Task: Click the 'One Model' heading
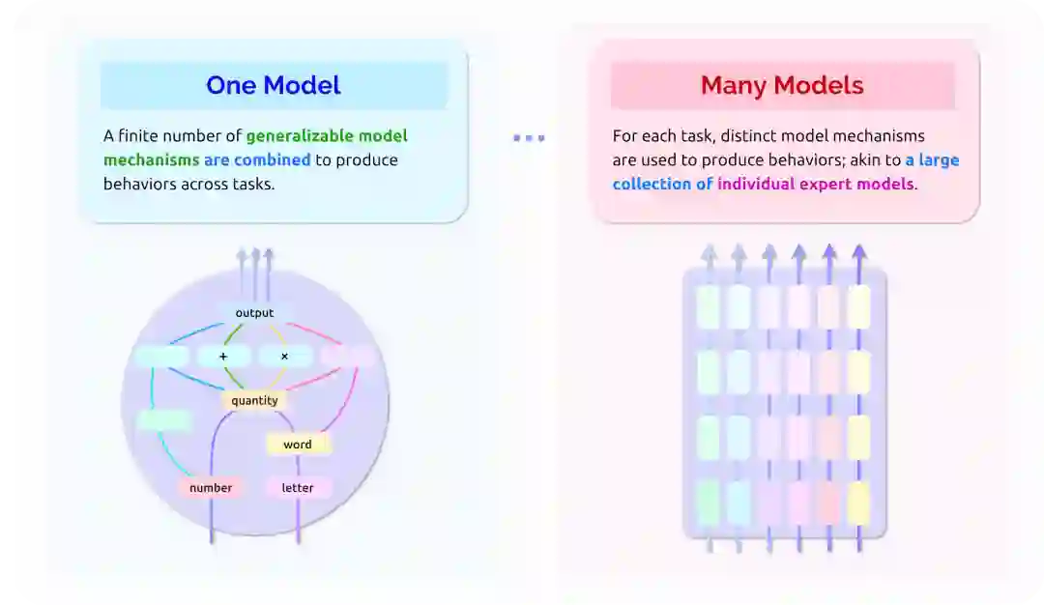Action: tap(274, 85)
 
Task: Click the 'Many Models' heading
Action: tap(782, 85)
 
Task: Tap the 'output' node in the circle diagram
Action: tap(254, 313)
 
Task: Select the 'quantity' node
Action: tap(254, 400)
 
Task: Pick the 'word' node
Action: tap(298, 445)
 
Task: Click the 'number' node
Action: tap(211, 488)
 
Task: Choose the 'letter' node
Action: tap(298, 488)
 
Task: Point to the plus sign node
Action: tap(223, 357)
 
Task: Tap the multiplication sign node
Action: tap(284, 357)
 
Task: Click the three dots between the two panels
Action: tap(529, 138)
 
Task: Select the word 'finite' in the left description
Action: tap(139, 136)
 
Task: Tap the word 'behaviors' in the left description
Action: tap(135, 184)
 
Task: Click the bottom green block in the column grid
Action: tap(709, 503)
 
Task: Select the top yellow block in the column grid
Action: tap(858, 306)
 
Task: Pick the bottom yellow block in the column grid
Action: tap(858, 503)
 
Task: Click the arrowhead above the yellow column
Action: tap(858, 251)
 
